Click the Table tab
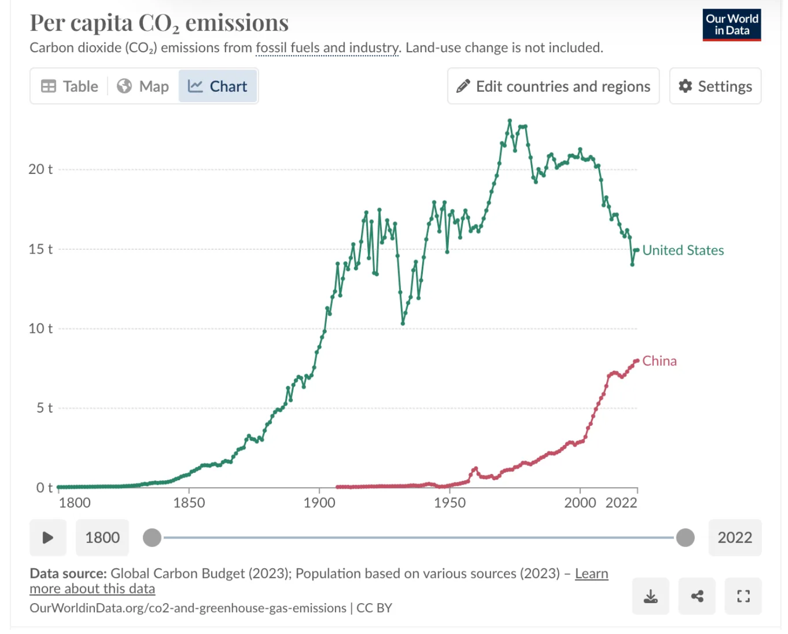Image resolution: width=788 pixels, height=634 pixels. click(x=70, y=86)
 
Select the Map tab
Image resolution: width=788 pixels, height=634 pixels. click(x=143, y=86)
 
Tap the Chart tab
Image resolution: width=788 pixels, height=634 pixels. click(x=218, y=86)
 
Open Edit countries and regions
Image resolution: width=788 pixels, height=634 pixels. click(x=553, y=86)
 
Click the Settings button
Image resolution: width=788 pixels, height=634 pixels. click(x=715, y=86)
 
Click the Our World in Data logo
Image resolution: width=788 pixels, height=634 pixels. click(x=731, y=25)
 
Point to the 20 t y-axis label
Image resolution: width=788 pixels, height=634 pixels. click(x=41, y=170)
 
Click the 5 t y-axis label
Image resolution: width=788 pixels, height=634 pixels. click(x=44, y=408)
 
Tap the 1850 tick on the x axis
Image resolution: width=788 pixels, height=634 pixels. click(x=189, y=503)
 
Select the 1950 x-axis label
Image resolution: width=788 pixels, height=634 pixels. click(x=449, y=503)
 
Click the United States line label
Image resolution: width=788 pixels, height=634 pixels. click(x=683, y=250)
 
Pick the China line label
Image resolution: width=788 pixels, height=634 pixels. click(x=660, y=361)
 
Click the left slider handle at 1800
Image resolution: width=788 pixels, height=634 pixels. click(x=152, y=537)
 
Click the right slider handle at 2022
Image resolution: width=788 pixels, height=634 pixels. click(x=685, y=537)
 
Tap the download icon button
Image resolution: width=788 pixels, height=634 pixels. click(x=650, y=596)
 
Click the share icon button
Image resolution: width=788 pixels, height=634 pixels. click(x=697, y=596)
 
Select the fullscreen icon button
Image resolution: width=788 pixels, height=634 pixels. click(x=743, y=596)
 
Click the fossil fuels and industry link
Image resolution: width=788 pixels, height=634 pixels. click(x=327, y=48)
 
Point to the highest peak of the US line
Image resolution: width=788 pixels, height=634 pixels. click(x=510, y=121)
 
